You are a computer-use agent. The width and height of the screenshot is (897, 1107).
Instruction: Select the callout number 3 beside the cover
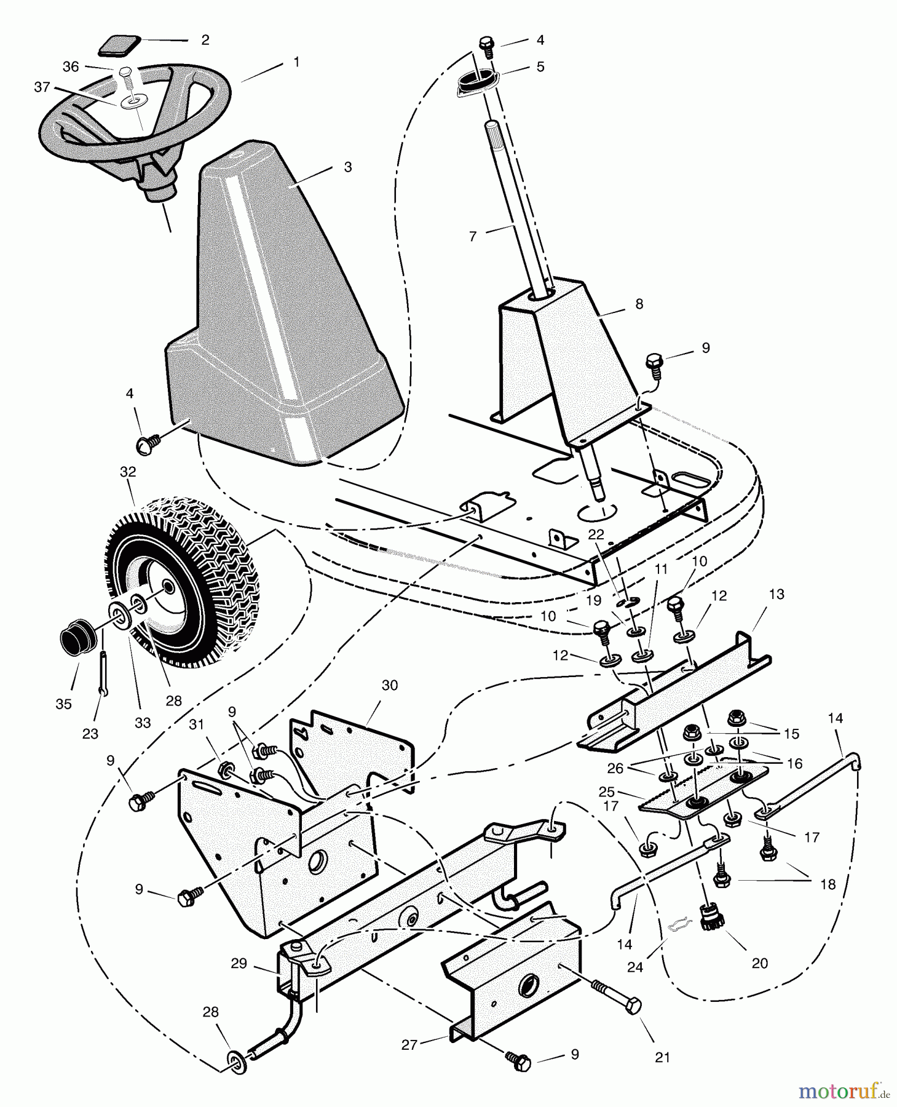pyautogui.click(x=348, y=167)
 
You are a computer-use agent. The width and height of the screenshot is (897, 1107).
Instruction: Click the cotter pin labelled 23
pyautogui.click(x=103, y=673)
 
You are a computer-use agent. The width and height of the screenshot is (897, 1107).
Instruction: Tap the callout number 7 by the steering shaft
pyautogui.click(x=473, y=236)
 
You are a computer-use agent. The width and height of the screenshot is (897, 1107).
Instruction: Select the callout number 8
pyautogui.click(x=639, y=304)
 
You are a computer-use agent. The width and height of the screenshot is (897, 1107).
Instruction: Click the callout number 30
pyautogui.click(x=390, y=685)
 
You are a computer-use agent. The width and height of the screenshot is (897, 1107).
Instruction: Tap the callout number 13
pyautogui.click(x=776, y=595)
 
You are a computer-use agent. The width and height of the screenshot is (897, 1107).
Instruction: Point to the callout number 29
pyautogui.click(x=239, y=963)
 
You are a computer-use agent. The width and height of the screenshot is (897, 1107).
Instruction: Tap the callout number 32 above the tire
pyautogui.click(x=128, y=472)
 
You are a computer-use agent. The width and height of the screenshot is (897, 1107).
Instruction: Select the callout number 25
pyautogui.click(x=606, y=791)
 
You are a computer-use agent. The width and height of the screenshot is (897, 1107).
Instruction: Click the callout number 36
pyautogui.click(x=71, y=66)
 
